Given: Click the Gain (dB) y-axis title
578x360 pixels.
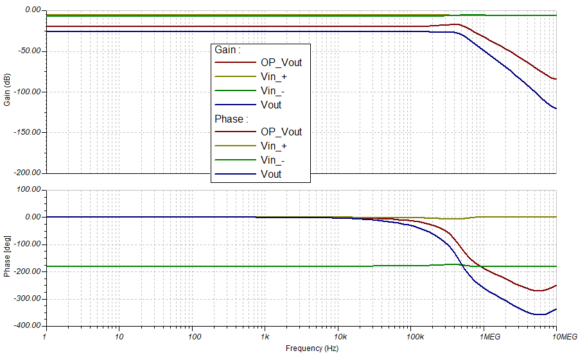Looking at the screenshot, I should pyautogui.click(x=7, y=92).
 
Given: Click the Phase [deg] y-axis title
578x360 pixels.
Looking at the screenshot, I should pyautogui.click(x=7, y=258).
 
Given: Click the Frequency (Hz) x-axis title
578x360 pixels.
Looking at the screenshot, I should pyautogui.click(x=311, y=348).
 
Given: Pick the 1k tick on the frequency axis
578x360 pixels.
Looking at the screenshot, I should pyautogui.click(x=264, y=336).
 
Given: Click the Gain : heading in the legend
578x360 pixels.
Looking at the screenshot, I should pyautogui.click(x=227, y=49).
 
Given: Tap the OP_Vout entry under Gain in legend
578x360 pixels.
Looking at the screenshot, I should pyautogui.click(x=281, y=62).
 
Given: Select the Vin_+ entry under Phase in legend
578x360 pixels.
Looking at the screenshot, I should pyautogui.click(x=274, y=146).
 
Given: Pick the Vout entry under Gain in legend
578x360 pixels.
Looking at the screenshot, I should pyautogui.click(x=271, y=105).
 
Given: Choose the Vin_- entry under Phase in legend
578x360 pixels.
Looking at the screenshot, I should pyautogui.click(x=273, y=160).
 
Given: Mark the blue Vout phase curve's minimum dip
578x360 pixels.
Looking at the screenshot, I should pyautogui.click(x=538, y=314).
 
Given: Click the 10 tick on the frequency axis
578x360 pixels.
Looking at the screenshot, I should pyautogui.click(x=118, y=336).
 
